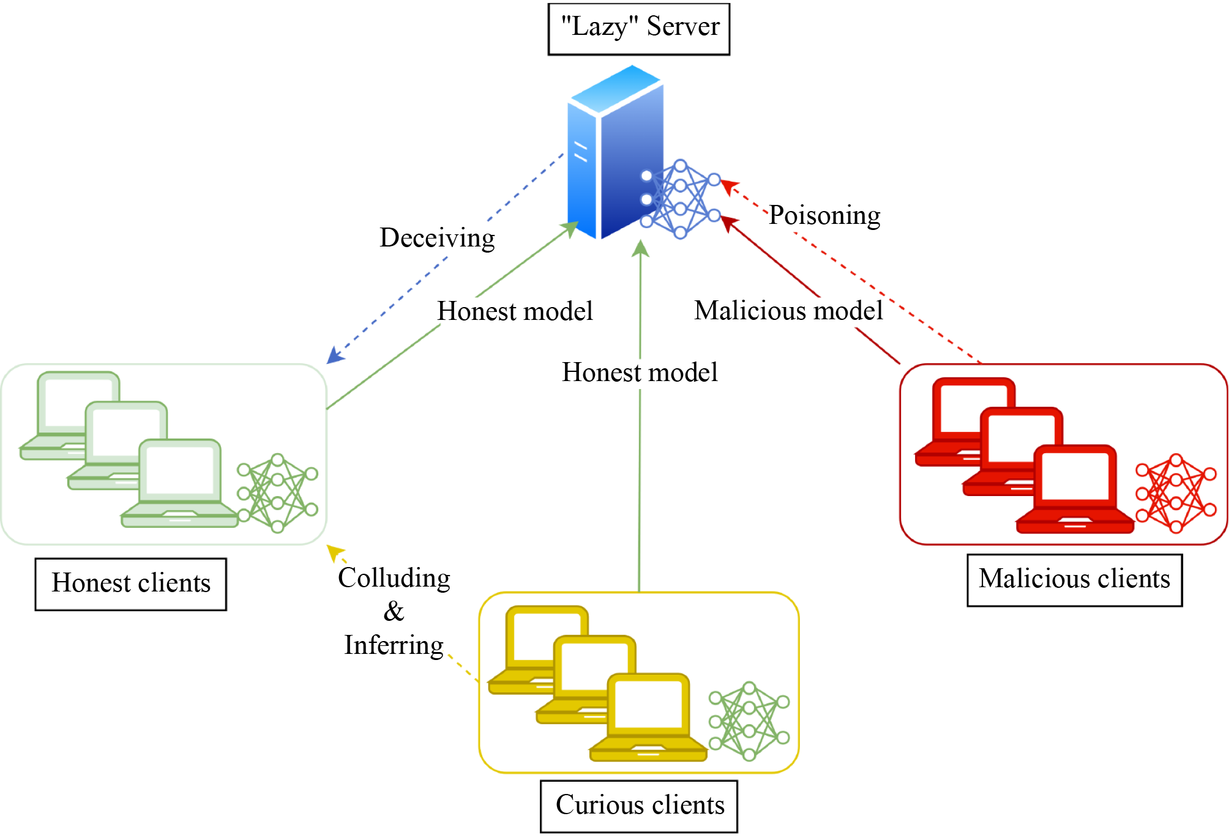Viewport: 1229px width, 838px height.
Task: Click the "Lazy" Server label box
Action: (x=638, y=29)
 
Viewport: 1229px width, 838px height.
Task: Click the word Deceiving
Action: (x=437, y=238)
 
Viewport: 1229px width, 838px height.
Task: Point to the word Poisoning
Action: (x=824, y=215)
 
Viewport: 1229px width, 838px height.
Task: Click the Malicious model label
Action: (x=788, y=311)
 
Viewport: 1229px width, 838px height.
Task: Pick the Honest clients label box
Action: (x=130, y=584)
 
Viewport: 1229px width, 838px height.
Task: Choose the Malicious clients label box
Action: (x=1074, y=579)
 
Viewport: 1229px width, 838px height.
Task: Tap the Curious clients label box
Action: (x=639, y=806)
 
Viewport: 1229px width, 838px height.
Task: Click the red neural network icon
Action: (x=1176, y=493)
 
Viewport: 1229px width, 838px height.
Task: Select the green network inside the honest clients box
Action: (x=277, y=493)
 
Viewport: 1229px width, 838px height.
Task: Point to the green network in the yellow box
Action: (x=749, y=721)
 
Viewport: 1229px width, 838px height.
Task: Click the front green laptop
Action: (x=179, y=483)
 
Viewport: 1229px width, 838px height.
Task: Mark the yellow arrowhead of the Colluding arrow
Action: (x=334, y=552)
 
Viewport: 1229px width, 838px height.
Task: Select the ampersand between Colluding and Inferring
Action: (x=394, y=611)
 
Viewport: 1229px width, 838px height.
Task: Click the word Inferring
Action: (x=394, y=645)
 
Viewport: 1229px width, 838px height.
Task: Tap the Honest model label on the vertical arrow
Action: (x=640, y=373)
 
